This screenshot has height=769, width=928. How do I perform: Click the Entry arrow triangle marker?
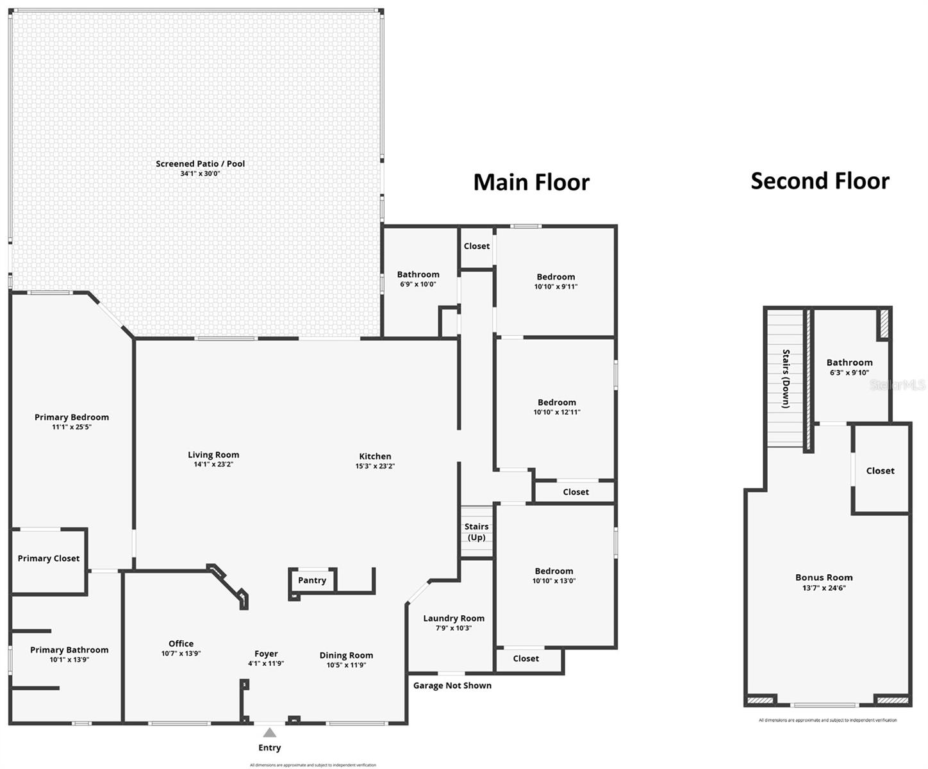(270, 732)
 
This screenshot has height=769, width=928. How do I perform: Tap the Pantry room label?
(312, 580)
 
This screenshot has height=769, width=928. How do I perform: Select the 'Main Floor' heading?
(531, 182)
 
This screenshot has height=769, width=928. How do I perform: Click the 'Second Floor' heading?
(820, 181)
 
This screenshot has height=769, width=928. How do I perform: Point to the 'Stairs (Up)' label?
(476, 532)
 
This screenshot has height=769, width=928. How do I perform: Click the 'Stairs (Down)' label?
(786, 379)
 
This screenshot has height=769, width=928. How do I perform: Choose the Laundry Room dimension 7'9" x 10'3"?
(454, 628)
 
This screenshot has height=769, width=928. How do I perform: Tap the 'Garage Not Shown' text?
(452, 685)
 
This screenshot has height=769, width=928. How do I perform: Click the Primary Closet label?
(49, 558)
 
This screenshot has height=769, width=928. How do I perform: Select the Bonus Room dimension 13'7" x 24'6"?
(824, 588)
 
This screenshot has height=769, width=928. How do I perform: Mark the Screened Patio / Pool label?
(200, 163)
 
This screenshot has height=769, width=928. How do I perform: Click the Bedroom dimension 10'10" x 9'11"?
(556, 286)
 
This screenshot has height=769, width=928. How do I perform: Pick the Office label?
(181, 643)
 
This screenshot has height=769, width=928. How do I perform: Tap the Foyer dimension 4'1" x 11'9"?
(266, 664)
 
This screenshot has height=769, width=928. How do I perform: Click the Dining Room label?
(346, 655)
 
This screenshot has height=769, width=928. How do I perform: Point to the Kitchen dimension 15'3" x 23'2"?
(375, 466)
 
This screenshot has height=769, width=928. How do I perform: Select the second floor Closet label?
(880, 470)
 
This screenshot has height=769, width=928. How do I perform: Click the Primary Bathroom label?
(69, 650)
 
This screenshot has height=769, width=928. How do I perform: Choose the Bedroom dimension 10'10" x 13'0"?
(554, 581)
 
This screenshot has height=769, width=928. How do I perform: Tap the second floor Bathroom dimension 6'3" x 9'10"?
(849, 372)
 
